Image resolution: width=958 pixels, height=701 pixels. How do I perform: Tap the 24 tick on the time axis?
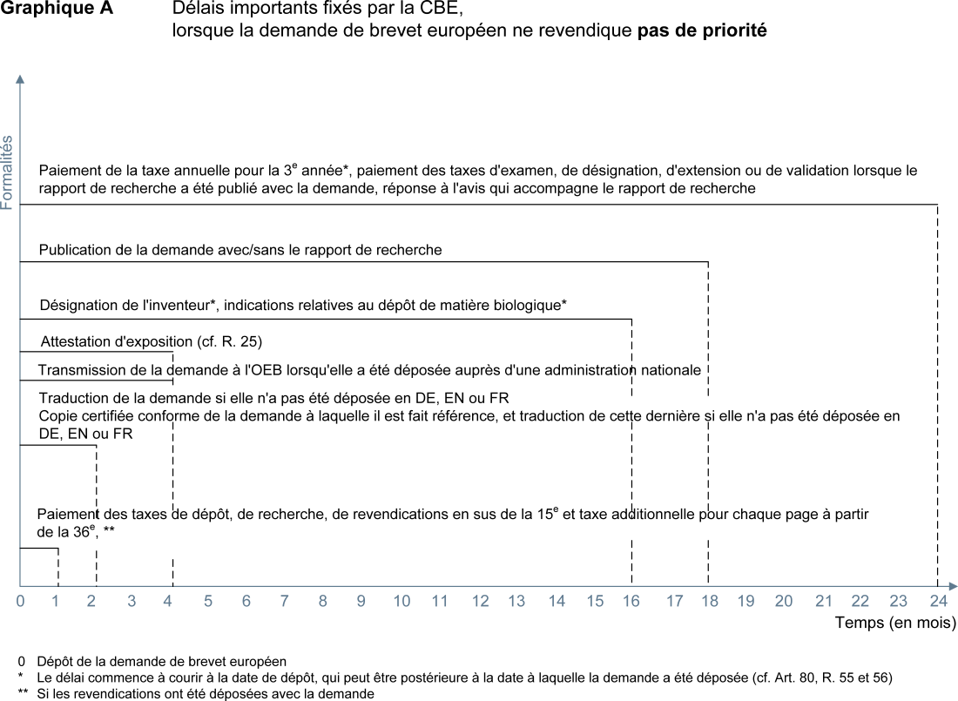(x=937, y=601)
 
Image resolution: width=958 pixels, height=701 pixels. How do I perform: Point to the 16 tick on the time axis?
(x=631, y=601)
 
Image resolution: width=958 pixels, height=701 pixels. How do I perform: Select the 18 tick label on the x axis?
(x=709, y=601)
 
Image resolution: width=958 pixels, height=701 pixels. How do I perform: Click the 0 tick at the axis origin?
(x=20, y=601)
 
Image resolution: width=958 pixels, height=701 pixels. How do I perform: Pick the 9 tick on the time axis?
(x=361, y=601)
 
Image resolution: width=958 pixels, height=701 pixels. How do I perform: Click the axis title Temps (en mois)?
(x=895, y=623)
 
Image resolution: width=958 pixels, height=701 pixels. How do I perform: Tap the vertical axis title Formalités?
(x=8, y=172)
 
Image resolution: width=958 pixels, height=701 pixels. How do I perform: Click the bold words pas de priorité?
(x=702, y=30)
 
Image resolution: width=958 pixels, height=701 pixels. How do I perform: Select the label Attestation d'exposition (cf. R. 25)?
(x=152, y=340)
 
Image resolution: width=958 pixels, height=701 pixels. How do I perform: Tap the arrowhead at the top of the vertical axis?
(x=20, y=79)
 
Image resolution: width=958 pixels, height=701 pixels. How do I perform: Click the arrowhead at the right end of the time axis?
(x=953, y=586)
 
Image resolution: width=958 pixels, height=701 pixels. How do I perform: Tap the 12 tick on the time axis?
(x=481, y=601)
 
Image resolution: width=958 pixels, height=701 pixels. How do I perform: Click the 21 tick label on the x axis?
(x=824, y=601)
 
